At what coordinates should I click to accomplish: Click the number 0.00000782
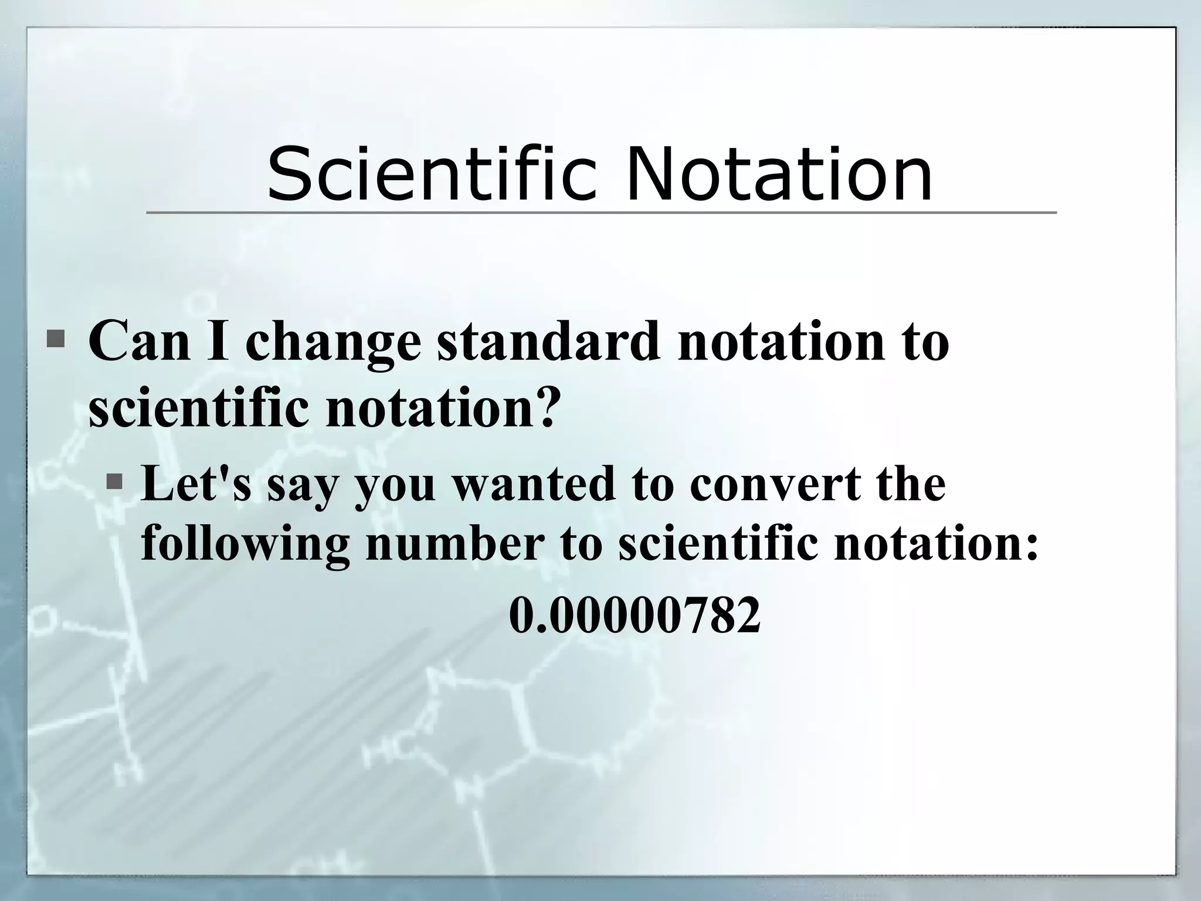pos(635,615)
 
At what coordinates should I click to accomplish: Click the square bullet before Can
pos(56,338)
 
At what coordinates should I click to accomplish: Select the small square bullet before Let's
pos(115,482)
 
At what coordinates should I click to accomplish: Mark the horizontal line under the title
pos(600,212)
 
